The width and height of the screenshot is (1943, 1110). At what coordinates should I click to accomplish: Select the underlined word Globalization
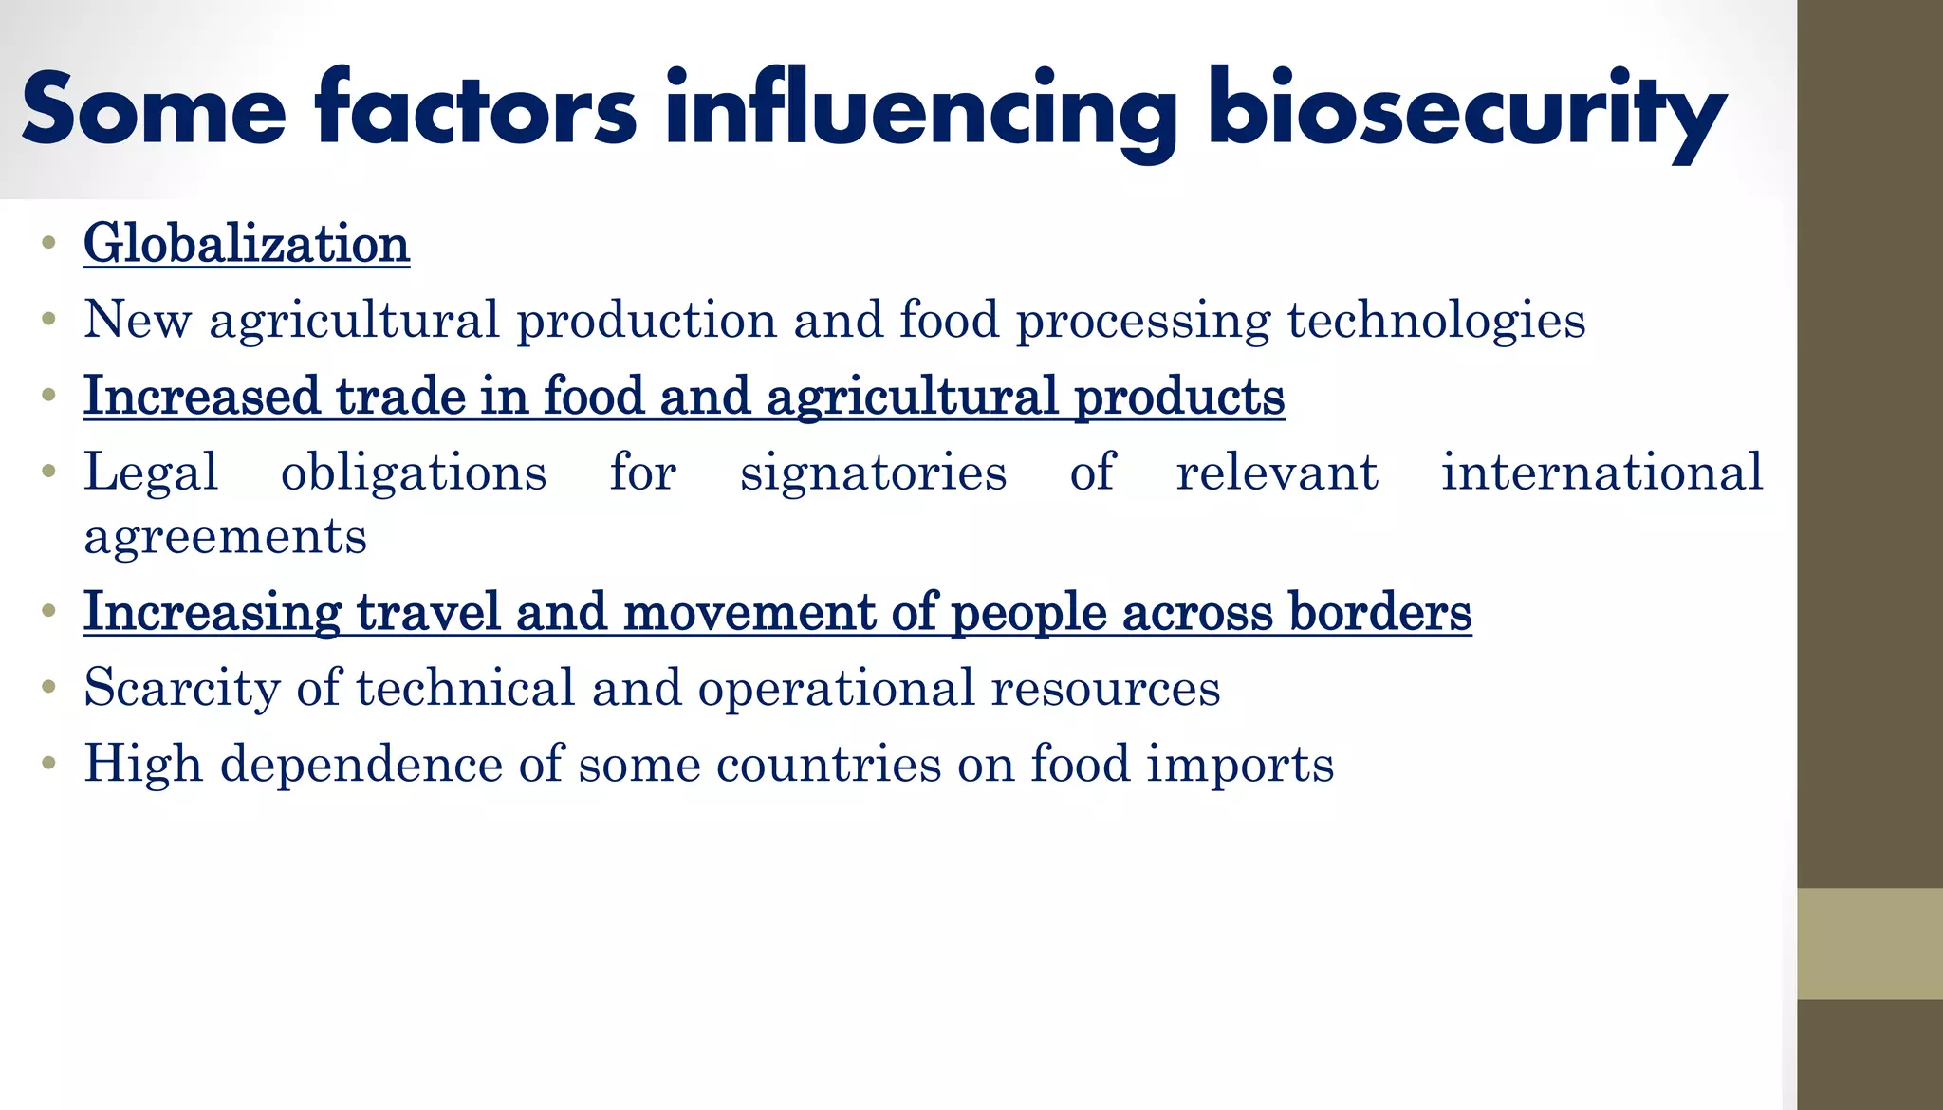247,244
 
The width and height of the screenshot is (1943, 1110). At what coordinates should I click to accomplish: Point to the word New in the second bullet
138,320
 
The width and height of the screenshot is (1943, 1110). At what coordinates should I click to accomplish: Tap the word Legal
151,472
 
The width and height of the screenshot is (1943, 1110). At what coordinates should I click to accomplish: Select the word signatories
873,472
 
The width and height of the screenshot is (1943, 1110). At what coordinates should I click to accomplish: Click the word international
1601,472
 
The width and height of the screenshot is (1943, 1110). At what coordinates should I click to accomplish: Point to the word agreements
225,537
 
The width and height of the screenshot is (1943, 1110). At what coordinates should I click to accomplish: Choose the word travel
428,612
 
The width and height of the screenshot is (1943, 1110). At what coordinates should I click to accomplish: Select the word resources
1105,688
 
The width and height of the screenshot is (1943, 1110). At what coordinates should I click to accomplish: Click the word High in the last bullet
143,764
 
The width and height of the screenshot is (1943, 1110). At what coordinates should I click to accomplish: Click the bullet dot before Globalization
48,243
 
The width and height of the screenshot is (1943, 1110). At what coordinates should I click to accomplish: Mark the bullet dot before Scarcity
48,687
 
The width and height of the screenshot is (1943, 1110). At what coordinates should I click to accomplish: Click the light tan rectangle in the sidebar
1869,943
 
